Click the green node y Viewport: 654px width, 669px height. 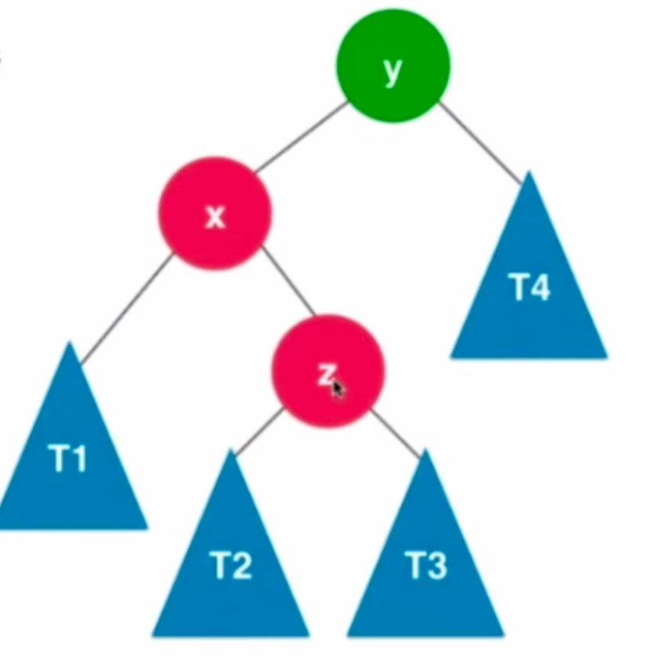pyautogui.click(x=393, y=65)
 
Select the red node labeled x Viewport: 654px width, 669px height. pyautogui.click(x=215, y=213)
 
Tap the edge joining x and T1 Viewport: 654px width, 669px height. pyautogui.click(x=125, y=308)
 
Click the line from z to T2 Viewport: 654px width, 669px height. pyautogui.click(x=259, y=432)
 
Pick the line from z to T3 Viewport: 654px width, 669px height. pyautogui.click(x=396, y=432)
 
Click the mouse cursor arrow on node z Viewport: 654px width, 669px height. pyautogui.click(x=337, y=389)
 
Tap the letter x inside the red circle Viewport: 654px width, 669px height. pyautogui.click(x=215, y=217)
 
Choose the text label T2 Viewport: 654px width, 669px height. pyautogui.click(x=231, y=564)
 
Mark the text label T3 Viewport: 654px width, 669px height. pyautogui.click(x=426, y=564)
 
